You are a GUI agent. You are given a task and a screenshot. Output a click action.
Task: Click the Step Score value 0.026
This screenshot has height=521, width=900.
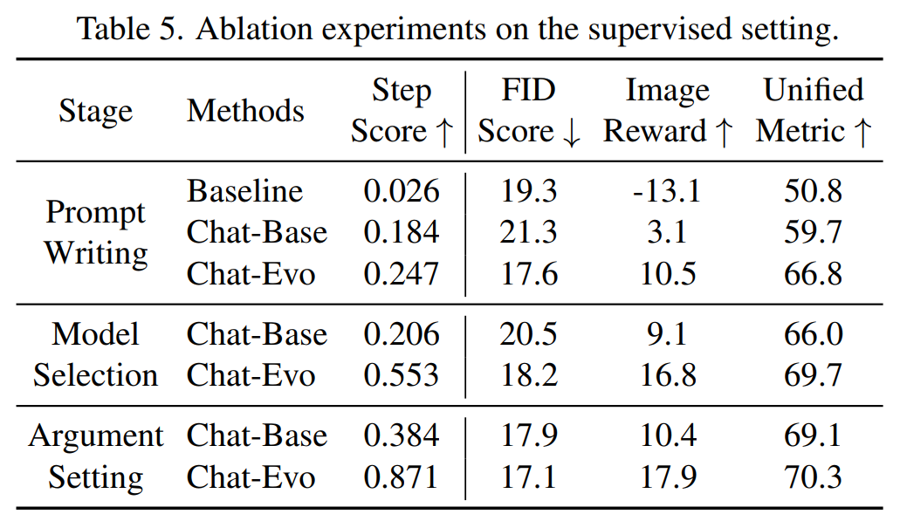[x=402, y=191]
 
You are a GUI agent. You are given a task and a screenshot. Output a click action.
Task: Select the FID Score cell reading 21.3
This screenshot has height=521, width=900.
[x=529, y=233]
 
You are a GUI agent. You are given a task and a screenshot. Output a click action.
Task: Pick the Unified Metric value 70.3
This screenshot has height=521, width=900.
[x=814, y=478]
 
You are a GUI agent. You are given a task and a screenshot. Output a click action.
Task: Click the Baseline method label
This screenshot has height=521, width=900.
[x=245, y=191]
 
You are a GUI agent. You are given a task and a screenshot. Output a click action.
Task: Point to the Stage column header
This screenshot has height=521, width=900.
[x=96, y=111]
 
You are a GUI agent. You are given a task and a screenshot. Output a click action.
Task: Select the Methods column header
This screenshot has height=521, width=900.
[x=246, y=111]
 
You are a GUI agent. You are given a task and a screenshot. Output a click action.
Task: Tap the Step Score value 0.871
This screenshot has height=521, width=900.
[x=402, y=478]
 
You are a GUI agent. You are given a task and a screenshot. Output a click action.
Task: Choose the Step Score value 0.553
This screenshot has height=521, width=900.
[x=402, y=375]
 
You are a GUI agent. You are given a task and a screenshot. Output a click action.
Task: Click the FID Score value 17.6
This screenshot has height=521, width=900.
[x=529, y=275]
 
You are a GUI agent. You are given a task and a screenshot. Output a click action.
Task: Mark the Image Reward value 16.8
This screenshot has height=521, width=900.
[x=668, y=375]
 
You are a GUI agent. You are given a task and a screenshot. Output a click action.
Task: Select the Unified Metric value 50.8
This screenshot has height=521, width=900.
[x=814, y=191]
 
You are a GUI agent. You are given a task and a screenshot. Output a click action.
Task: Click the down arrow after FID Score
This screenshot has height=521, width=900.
[x=572, y=133]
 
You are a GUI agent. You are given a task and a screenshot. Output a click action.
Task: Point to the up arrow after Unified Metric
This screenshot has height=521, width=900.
[x=862, y=133]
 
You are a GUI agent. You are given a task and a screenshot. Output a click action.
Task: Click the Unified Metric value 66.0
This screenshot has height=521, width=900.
[x=814, y=334]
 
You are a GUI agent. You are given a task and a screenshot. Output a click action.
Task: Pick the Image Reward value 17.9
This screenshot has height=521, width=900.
[x=668, y=478]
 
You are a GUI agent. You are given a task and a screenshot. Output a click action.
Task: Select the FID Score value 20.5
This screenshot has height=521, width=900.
[x=529, y=334]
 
